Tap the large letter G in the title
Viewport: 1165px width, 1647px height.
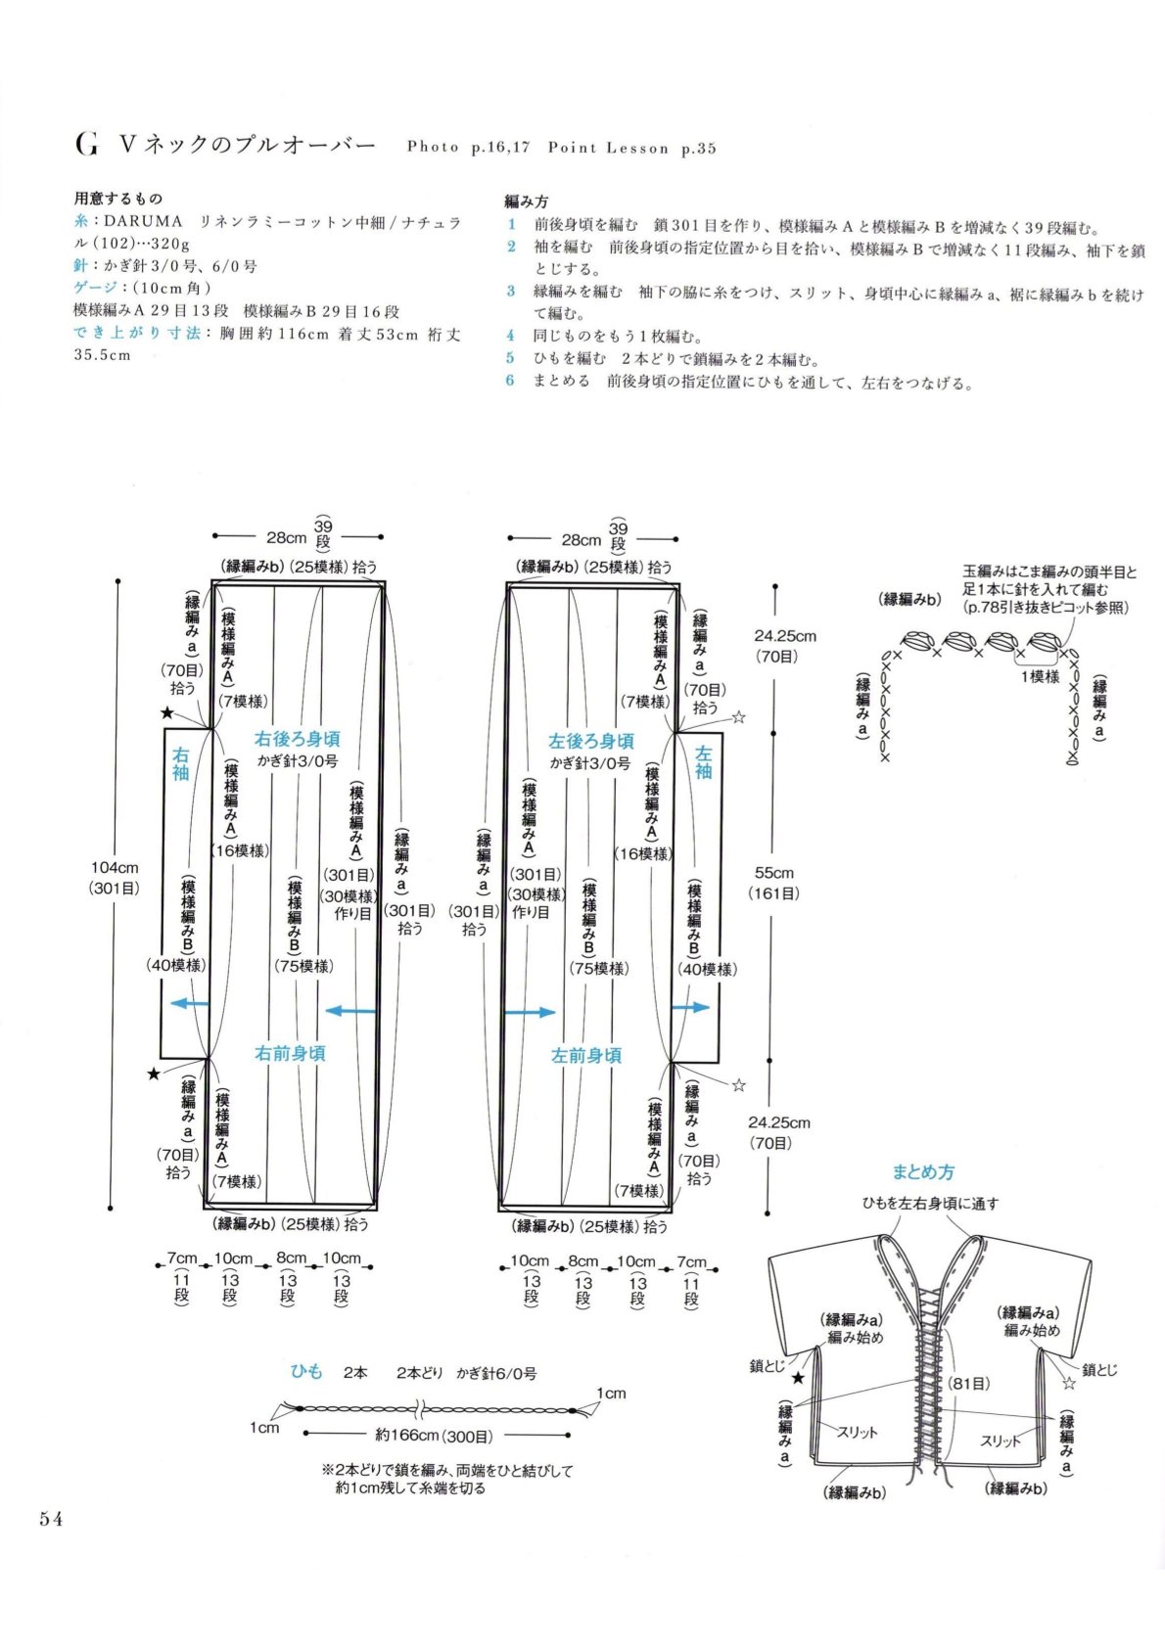pos(86,145)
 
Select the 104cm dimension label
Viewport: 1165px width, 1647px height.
pos(115,868)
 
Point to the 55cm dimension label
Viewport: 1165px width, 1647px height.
pos(774,874)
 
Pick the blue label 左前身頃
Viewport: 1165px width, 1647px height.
pos(586,1056)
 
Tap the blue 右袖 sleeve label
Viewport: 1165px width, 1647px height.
pos(180,763)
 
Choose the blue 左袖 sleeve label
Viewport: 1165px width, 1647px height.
pos(704,761)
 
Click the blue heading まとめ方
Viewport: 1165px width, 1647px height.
pos(923,1172)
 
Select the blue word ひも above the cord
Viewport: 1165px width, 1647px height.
pos(306,1371)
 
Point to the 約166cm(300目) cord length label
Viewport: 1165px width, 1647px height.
pos(434,1435)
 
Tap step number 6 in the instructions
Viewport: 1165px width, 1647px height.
pos(510,381)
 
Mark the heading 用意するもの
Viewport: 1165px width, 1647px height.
pos(118,199)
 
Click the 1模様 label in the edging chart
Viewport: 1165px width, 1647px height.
pos(1040,676)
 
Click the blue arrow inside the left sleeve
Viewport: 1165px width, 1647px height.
pos(691,1007)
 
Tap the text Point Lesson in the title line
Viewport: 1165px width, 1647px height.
pos(608,148)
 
